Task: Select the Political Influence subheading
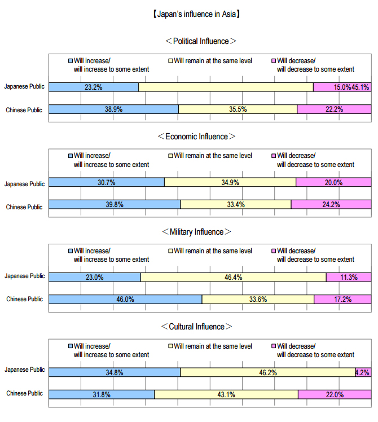pyautogui.click(x=200, y=41)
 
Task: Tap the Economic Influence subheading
pyautogui.click(x=200, y=137)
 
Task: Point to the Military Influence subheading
pyautogui.click(x=196, y=232)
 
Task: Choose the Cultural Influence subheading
pyautogui.click(x=196, y=327)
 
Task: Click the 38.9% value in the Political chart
pyautogui.click(x=114, y=109)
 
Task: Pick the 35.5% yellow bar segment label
pyautogui.click(x=238, y=109)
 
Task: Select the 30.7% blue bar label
pyautogui.click(x=107, y=183)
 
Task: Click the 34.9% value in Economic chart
pyautogui.click(x=230, y=183)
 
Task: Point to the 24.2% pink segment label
pyautogui.click(x=331, y=205)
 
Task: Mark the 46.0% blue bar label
pyautogui.click(x=125, y=300)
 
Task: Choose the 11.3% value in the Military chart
pyautogui.click(x=349, y=277)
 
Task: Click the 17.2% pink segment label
pyautogui.click(x=342, y=300)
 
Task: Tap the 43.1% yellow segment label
pyautogui.click(x=226, y=395)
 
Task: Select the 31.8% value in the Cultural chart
pyautogui.click(x=102, y=395)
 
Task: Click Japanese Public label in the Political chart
pyautogui.click(x=24, y=87)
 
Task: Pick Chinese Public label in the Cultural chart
pyautogui.click(x=24, y=393)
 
